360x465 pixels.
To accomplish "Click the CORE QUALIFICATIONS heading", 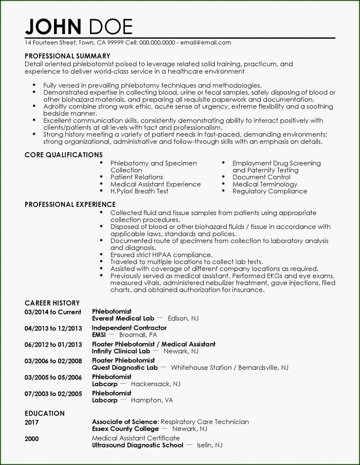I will pyautogui.click(x=64, y=154).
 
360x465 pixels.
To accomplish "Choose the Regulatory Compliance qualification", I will pyautogui.click(x=269, y=191).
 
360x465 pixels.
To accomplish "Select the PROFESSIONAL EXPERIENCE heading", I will pyautogui.click(x=70, y=204).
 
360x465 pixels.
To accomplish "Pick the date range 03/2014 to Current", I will pyautogui.click(x=52, y=312).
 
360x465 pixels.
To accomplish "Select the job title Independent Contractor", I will pyautogui.click(x=129, y=327).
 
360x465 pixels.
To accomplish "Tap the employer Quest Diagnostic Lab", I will pyautogui.click(x=125, y=368).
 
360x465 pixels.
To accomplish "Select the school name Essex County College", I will pyautogui.click(x=125, y=428).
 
